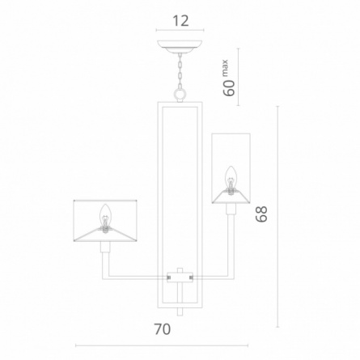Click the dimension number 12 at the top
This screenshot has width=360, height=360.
(180, 21)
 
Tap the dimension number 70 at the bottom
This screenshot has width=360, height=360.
(163, 329)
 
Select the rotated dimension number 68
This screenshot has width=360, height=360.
(261, 214)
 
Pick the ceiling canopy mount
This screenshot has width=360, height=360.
(180, 46)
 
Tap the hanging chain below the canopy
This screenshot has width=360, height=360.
(180, 70)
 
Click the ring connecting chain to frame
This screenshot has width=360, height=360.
(180, 95)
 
